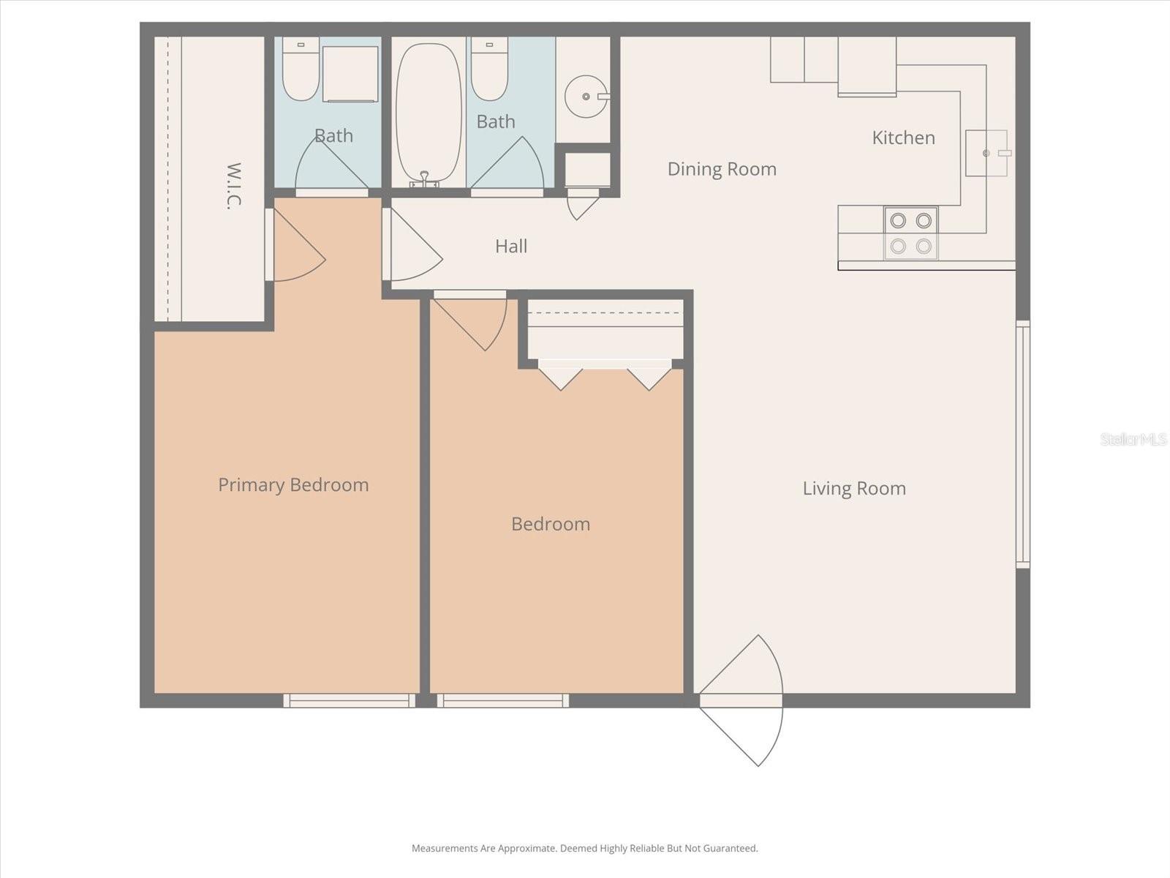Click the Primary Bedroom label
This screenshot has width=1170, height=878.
point(293,485)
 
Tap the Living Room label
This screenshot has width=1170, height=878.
point(854,489)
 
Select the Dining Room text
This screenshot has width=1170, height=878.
point(722,169)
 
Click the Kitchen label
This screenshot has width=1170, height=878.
point(903,138)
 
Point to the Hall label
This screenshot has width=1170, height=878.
point(511,247)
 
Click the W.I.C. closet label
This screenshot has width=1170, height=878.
point(233,186)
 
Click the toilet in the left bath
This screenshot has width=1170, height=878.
point(300,70)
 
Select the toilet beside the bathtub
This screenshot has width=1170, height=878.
point(489,70)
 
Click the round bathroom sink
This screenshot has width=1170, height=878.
point(585,96)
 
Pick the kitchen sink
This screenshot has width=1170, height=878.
point(986,153)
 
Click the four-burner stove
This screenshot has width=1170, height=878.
point(910,233)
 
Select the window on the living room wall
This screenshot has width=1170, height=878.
point(1022,444)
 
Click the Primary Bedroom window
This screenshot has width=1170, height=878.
point(349,701)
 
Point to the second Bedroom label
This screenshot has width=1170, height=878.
point(551,524)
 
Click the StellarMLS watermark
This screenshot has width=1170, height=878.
point(1133,439)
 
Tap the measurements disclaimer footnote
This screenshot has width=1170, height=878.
point(584,849)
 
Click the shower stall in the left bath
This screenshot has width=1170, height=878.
point(350,74)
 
